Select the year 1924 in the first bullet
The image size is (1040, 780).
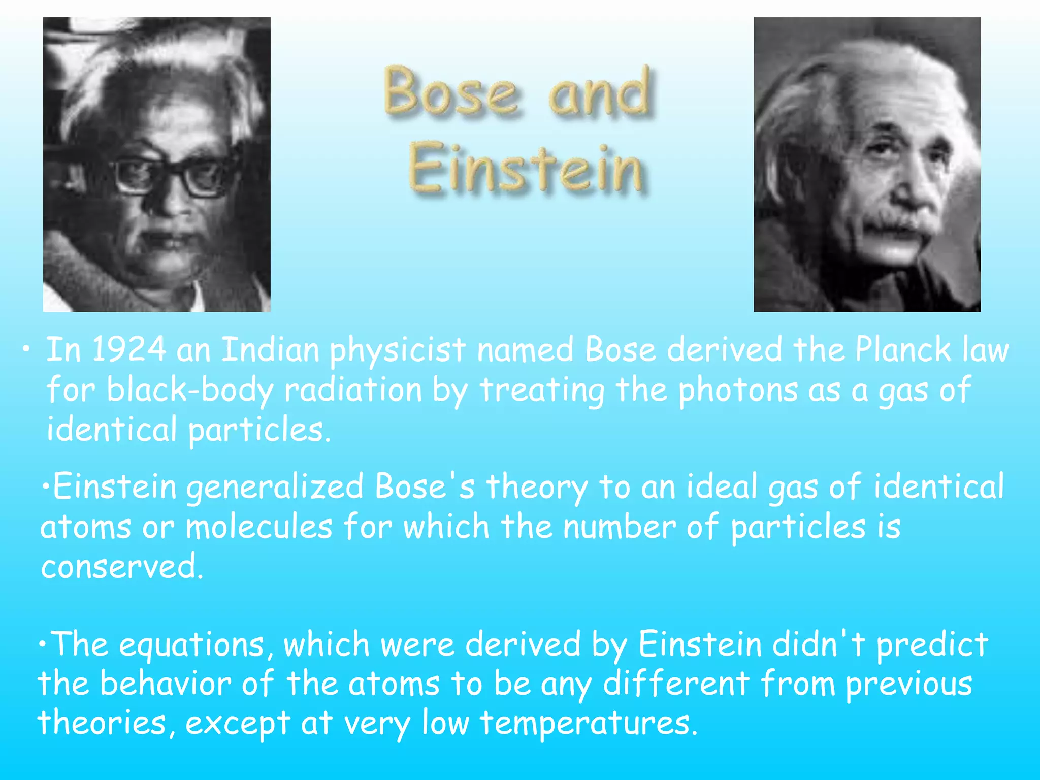click(x=129, y=350)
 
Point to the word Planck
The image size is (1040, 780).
click(x=902, y=350)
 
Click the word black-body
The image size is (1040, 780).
click(x=189, y=390)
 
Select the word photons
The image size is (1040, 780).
click(x=738, y=390)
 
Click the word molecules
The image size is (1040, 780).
click(x=259, y=527)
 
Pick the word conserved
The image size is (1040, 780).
click(x=122, y=566)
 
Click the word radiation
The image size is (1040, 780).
click(x=353, y=390)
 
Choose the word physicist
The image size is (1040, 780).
click(x=398, y=351)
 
